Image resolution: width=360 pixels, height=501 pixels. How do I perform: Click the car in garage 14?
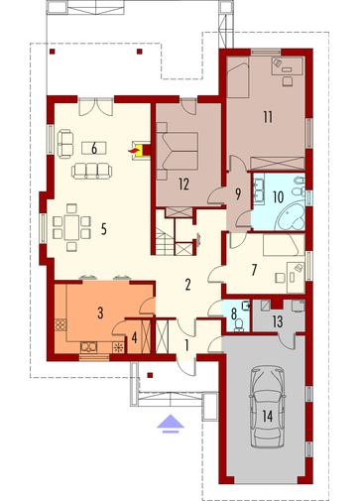point(267,406)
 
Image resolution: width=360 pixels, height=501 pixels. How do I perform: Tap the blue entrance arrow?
point(171,424)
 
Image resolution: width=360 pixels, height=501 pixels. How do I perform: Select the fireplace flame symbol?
point(133,151)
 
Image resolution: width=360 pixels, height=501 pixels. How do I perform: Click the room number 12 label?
point(183,184)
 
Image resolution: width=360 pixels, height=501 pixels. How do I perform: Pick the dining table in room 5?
point(71,227)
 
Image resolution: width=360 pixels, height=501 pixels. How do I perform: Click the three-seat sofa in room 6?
point(91,171)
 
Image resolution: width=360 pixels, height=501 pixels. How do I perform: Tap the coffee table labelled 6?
point(94,148)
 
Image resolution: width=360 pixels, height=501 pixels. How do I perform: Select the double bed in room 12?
point(178,151)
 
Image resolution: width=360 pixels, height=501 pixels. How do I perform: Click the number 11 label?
point(268,117)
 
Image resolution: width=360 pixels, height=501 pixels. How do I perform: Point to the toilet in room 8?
point(238,325)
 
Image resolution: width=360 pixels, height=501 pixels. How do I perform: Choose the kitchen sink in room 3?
point(89,347)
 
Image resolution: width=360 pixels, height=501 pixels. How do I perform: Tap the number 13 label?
point(278,321)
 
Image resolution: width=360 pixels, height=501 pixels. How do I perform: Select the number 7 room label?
point(254,270)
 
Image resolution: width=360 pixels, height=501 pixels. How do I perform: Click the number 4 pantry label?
point(134,338)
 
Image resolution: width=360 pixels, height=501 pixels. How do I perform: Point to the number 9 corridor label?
point(238,194)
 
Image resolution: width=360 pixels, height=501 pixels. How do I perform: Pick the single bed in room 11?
point(238,77)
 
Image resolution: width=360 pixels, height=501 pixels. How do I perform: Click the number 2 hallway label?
point(187,285)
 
